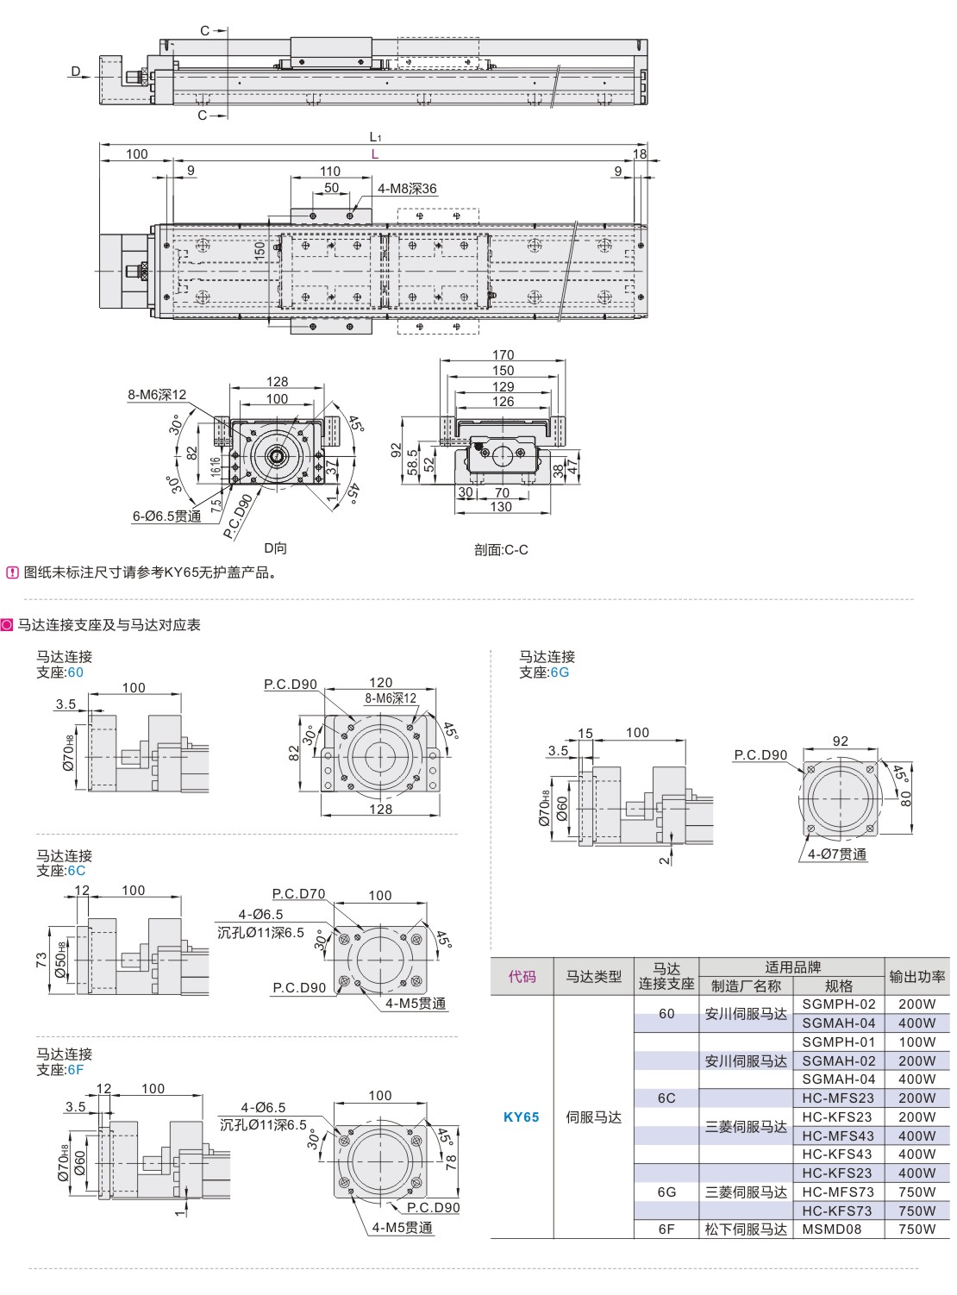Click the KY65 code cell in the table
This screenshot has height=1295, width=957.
521,1117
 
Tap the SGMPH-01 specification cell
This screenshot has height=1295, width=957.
838,1042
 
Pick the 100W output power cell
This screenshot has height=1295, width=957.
916,1042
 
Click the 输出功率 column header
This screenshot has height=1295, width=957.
916,977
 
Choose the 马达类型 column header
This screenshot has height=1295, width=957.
593,977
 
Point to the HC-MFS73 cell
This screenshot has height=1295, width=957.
838,1192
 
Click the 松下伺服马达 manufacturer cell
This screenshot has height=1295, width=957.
746,1229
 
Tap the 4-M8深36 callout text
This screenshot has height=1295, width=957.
407,189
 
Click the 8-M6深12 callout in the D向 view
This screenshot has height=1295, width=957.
157,395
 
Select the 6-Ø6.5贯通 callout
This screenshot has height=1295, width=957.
166,516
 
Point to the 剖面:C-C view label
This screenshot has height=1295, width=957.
501,549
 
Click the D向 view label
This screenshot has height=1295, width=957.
275,547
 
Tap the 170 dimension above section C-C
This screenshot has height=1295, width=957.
503,354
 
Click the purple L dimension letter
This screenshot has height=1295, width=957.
374,153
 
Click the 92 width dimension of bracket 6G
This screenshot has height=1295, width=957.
841,741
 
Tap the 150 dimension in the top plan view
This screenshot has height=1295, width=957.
260,247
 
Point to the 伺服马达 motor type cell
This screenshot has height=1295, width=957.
593,1117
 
